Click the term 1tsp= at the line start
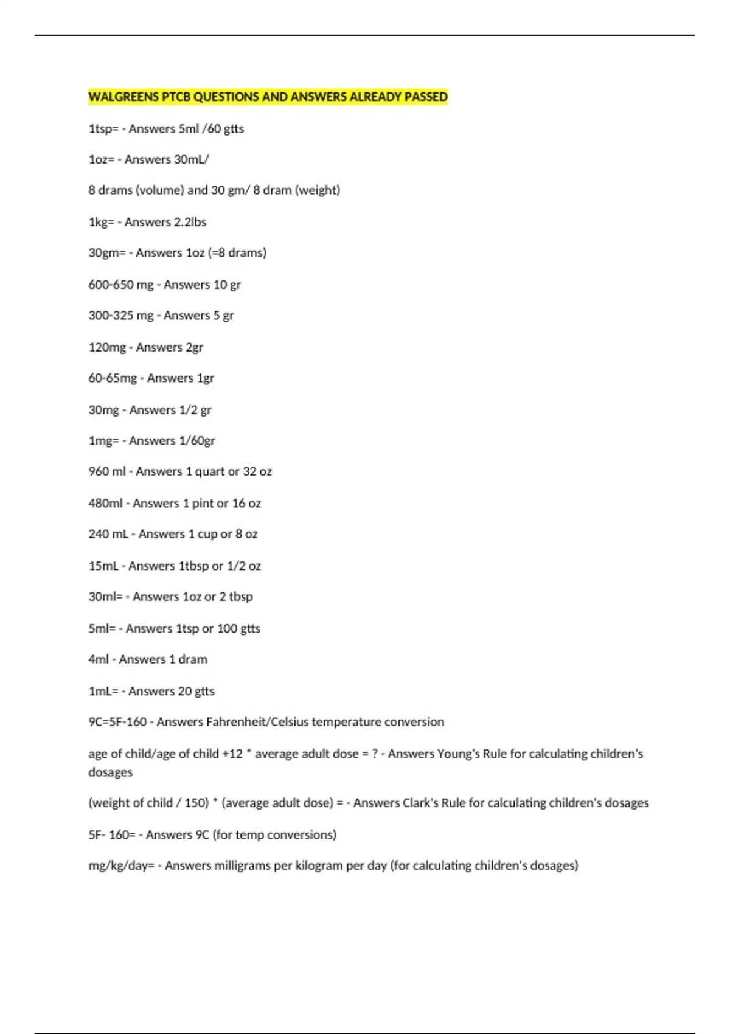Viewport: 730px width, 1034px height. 103,128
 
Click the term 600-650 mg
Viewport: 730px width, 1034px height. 120,285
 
